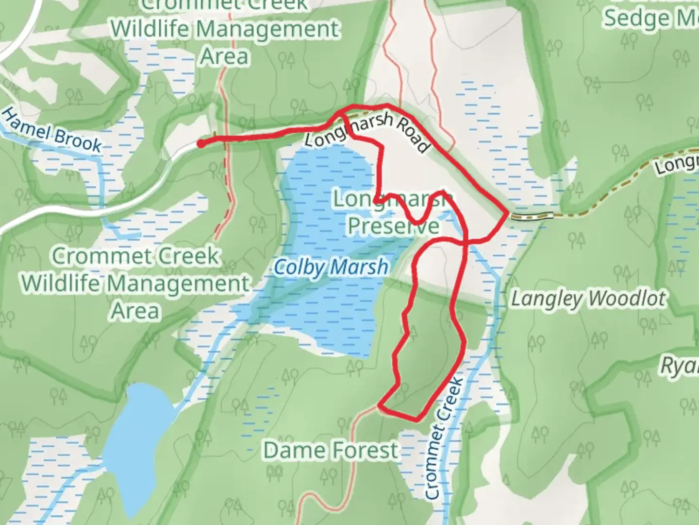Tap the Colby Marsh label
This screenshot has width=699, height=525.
click(331, 267)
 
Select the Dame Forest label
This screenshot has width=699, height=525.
click(331, 450)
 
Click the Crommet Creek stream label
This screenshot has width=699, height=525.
click(444, 437)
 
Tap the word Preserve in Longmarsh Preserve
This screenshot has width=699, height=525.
click(394, 226)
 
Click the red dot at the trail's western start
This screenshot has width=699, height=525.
click(200, 143)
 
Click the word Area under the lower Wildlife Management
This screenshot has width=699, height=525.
click(135, 311)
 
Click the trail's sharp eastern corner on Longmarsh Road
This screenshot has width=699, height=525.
click(508, 213)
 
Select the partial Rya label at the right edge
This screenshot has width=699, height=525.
click(680, 366)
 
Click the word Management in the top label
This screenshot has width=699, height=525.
click(267, 29)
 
